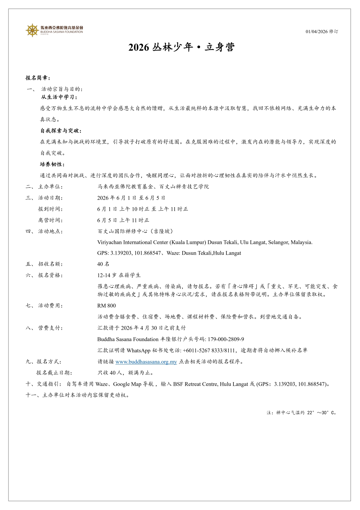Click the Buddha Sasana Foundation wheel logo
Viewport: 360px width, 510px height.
(32, 30)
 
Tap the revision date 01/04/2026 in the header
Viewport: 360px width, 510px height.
(317, 31)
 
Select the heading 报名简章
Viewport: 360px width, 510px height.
(37, 78)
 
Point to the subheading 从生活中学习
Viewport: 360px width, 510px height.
(59, 97)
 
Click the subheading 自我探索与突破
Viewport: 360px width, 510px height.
(61, 131)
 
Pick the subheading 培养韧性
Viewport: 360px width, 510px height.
(52, 164)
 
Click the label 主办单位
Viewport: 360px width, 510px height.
(50, 187)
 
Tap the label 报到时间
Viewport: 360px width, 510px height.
(50, 209)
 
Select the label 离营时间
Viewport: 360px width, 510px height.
(50, 220)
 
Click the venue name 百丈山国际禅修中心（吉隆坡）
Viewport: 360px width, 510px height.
(135, 231)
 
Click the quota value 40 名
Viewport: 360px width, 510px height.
(103, 264)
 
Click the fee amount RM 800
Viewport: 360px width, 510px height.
(106, 306)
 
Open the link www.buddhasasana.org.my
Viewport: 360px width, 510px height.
(146, 362)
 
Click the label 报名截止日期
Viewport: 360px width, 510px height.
(54, 373)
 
